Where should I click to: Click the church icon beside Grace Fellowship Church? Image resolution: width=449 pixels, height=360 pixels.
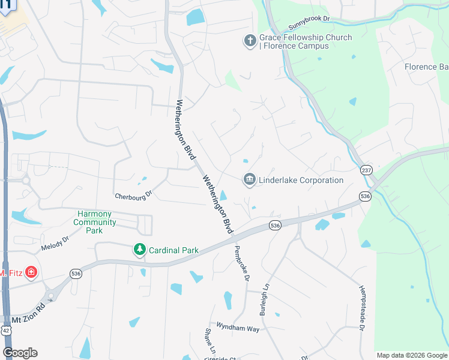[250, 41]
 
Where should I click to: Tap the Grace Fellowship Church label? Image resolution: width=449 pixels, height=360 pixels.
[306, 41]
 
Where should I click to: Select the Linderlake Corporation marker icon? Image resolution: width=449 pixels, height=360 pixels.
[249, 179]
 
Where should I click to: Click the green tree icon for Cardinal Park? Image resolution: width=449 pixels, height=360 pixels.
[139, 249]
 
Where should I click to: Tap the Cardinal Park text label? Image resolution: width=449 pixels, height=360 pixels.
[173, 250]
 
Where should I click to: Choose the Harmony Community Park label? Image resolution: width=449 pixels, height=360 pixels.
[95, 222]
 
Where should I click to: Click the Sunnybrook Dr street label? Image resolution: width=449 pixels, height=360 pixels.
[310, 23]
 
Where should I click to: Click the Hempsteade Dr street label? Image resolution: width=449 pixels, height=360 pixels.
[361, 308]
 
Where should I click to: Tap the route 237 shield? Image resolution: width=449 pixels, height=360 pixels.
[366, 170]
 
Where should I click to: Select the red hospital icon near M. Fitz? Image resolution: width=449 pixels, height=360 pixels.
[31, 273]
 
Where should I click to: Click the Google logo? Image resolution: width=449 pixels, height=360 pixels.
[20, 353]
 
